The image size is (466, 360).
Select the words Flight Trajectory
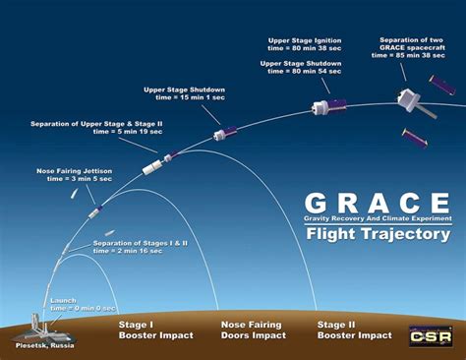point(378,234)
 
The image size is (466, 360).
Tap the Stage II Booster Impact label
point(355,329)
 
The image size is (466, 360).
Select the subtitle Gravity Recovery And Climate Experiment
point(378,217)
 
